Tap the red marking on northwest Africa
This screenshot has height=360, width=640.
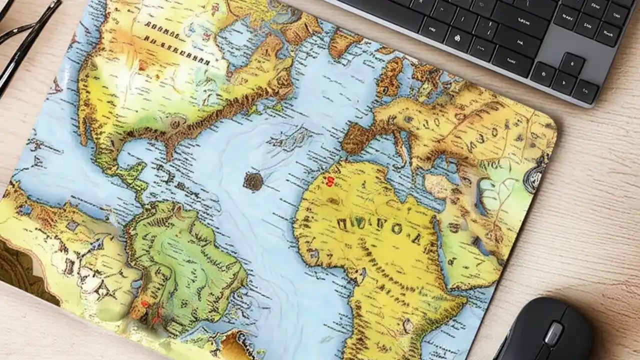point(330,181)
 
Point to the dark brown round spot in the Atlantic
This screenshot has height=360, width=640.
point(253,181)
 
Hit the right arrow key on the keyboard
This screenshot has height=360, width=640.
point(585,92)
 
